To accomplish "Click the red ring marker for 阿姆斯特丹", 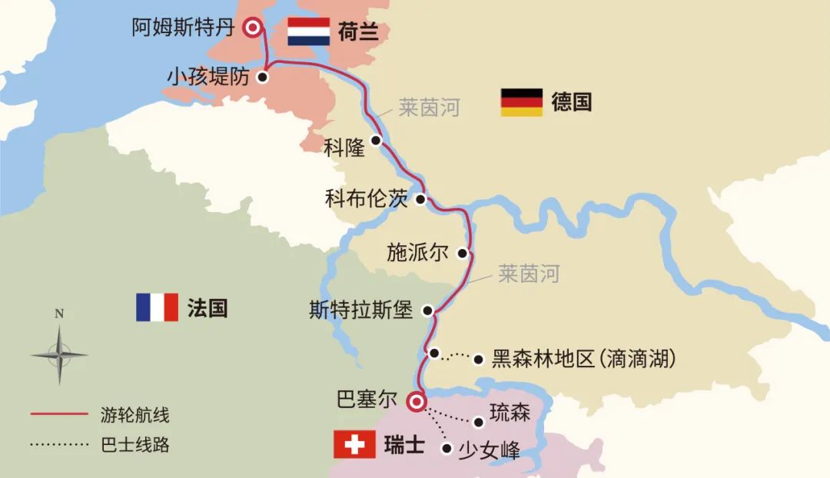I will tap(252, 28).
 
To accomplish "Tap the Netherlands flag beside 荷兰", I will tap(308, 32).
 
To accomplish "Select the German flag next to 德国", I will tap(522, 101).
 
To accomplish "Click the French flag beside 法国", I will tap(157, 307).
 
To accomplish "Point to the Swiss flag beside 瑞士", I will tap(354, 445).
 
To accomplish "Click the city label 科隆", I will tap(344, 148).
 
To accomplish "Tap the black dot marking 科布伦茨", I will tap(420, 200).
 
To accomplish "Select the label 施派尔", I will tap(417, 253).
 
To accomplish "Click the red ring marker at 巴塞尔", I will tap(416, 401).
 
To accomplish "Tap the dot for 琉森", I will tap(479, 422).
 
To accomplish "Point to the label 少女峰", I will tap(489, 449).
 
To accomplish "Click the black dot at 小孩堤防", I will tap(263, 77).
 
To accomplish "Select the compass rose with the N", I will tap(59, 353).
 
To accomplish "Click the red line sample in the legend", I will tap(59, 415).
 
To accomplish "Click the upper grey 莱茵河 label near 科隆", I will tap(428, 108).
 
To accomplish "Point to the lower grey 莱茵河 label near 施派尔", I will tap(529, 273).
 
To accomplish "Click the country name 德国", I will tap(572, 101).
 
